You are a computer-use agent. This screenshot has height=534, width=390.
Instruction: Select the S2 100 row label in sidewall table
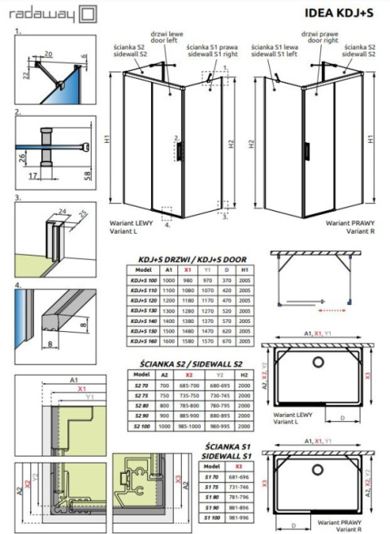[142, 426]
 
